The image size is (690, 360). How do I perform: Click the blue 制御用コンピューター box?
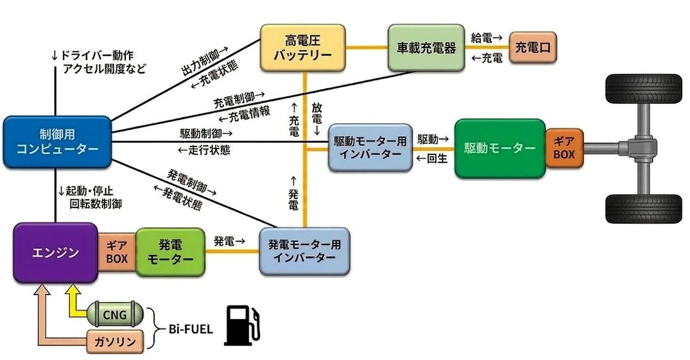click(57, 142)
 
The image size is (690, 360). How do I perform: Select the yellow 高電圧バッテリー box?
click(303, 48)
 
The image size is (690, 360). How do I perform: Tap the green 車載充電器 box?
click(426, 47)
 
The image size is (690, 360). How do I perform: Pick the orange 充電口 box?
click(533, 47)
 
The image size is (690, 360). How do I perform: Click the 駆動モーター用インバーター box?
click(370, 148)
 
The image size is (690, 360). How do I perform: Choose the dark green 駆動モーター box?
click(500, 148)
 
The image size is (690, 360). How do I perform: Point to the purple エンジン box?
click(55, 253)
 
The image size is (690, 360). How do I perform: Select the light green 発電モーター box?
click(170, 252)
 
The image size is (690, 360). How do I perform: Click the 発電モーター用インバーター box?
click(304, 252)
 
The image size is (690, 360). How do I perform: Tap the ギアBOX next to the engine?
click(117, 252)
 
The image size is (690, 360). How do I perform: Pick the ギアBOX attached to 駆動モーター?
click(564, 148)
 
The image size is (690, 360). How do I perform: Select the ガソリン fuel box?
click(116, 341)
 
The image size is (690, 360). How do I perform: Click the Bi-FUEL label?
click(191, 329)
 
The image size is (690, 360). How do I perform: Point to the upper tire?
click(643, 89)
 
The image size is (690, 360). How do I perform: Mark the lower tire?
click(643, 209)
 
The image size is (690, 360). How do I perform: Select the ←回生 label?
click(432, 159)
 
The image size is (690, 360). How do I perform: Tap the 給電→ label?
click(487, 38)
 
